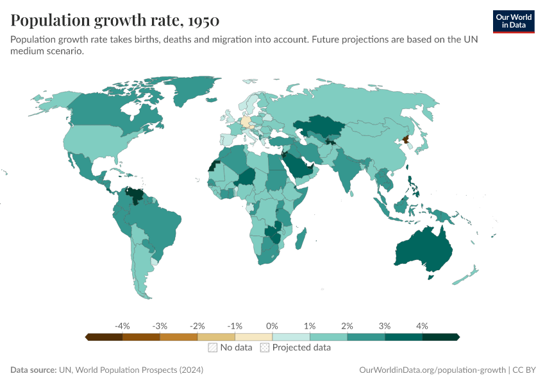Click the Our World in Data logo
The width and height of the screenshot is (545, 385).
513,21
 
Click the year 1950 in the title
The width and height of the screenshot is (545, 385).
205,21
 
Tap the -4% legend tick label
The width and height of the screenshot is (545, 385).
122,326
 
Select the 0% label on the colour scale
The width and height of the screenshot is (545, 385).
272,326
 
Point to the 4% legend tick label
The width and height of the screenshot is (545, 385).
422,326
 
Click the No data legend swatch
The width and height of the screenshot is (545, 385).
212,348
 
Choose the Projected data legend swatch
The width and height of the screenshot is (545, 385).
265,348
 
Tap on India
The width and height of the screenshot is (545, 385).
349,170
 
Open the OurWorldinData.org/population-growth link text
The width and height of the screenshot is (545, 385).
433,370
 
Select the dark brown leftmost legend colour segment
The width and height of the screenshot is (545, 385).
104,336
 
